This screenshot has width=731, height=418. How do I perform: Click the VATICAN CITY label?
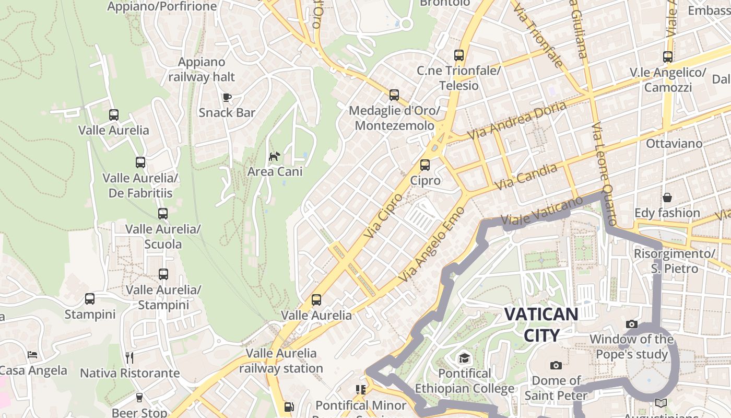click(x=541, y=324)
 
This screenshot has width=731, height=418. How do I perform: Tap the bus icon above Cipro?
click(x=425, y=165)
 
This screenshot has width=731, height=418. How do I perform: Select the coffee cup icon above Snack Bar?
click(x=227, y=97)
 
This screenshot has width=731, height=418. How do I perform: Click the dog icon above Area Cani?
click(x=274, y=156)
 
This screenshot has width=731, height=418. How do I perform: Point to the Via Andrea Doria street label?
click(x=516, y=120)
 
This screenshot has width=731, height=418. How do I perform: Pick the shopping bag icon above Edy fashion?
click(x=667, y=198)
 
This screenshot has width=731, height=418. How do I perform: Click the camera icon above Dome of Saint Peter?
click(x=556, y=365)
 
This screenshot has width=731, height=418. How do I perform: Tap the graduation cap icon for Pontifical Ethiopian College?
click(x=464, y=358)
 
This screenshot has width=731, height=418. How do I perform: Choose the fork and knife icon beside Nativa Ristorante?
click(x=129, y=357)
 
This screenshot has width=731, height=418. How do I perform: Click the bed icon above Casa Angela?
click(x=32, y=355)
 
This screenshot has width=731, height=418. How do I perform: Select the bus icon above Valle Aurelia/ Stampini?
click(x=163, y=274)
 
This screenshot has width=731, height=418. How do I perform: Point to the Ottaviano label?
click(x=674, y=143)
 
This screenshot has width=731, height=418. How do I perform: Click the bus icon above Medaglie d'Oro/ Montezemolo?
click(x=394, y=95)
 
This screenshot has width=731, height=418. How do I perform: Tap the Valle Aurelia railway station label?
click(x=281, y=361)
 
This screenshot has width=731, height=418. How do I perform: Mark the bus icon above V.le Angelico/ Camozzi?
click(x=668, y=57)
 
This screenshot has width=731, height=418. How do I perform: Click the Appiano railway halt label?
click(x=202, y=69)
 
